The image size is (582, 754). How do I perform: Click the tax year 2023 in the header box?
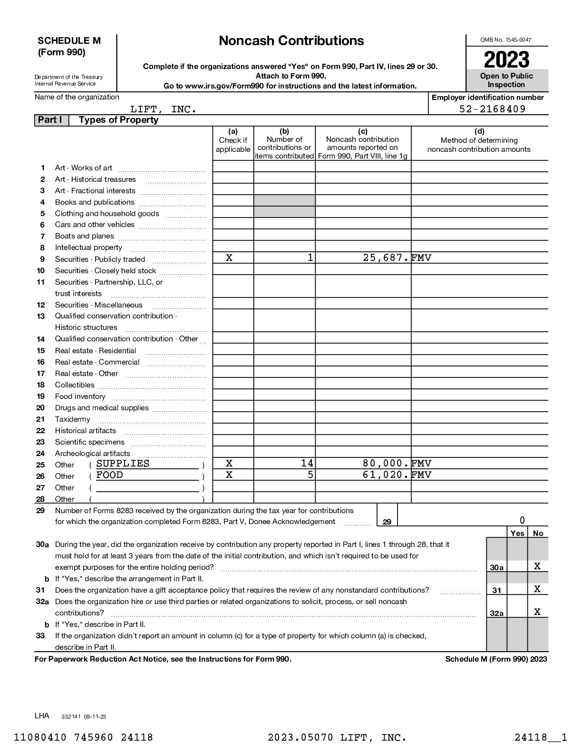pos(506,60)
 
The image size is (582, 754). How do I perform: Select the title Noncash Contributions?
pos(291,41)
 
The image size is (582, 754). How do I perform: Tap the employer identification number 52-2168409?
pos(492,109)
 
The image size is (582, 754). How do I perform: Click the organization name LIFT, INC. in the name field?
pos(164,109)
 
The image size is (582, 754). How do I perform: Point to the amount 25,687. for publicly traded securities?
pos(386,258)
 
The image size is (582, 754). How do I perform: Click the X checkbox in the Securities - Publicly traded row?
pos(229,258)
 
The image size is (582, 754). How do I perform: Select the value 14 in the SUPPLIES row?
pos(307,464)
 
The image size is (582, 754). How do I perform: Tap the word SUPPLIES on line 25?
pos(123,464)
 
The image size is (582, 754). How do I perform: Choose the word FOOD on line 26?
pos(109,475)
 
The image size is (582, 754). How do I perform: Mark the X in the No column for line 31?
pos(537,589)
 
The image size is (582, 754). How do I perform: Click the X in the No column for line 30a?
pos(537,566)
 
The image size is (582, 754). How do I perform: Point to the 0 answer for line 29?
pos(522,520)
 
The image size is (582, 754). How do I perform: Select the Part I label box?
pos(50,120)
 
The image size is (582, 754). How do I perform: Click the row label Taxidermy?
pos(72,419)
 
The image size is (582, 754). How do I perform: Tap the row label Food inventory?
pos(80,397)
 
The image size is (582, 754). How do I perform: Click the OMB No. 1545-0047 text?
pos(506,40)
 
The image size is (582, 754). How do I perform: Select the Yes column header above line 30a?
pos(517,533)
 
